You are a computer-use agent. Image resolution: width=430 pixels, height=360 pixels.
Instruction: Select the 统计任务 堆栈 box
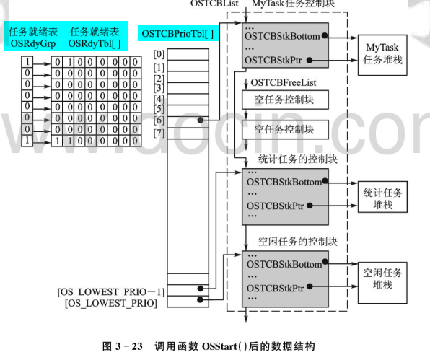[x=383, y=194]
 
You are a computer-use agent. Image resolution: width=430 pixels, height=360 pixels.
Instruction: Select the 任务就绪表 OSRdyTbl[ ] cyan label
[x=94, y=37]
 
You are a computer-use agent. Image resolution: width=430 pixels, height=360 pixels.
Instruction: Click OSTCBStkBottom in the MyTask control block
[x=283, y=34]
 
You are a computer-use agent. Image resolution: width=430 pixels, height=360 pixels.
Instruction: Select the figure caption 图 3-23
[x=214, y=345]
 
